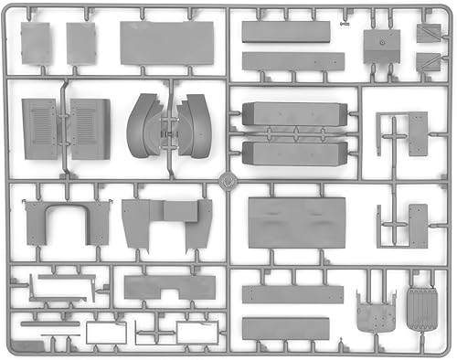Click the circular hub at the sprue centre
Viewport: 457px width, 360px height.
coord(228,179)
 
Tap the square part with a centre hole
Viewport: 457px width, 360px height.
coord(381,47)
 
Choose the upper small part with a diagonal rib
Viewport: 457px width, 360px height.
coord(428,34)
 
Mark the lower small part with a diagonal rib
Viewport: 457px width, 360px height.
coord(428,64)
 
